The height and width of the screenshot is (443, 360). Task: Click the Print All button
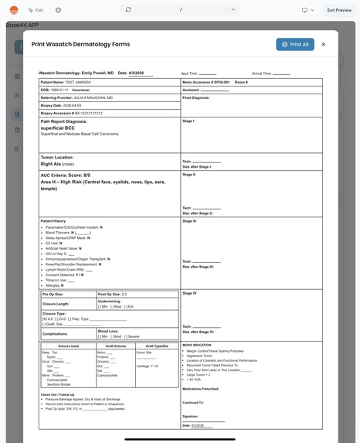(295, 45)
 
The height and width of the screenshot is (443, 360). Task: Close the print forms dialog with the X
(323, 45)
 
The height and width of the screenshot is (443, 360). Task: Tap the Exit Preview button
(339, 10)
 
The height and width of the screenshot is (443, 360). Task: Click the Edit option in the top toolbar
(36, 10)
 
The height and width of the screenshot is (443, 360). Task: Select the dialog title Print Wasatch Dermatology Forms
(80, 45)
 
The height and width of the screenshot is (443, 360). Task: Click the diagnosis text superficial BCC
(57, 128)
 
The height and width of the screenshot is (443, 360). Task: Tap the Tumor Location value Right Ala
(51, 164)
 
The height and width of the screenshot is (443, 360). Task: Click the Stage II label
(188, 175)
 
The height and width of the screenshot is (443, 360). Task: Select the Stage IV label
(189, 294)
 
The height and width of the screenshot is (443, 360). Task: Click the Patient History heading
(53, 221)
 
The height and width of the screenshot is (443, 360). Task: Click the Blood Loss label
(109, 331)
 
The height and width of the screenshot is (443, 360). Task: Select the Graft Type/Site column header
(157, 346)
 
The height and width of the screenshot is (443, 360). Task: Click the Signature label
(191, 416)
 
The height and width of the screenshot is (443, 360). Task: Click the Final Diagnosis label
(196, 97)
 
